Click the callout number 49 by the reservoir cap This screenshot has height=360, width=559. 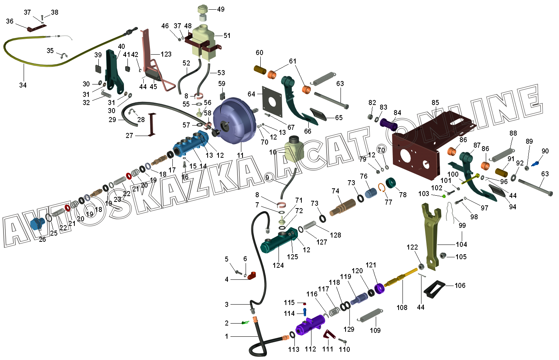pos(220,9)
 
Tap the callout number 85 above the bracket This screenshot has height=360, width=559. pos(435,103)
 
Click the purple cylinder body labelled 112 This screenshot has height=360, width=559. pos(310,326)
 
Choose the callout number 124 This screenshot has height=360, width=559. pos(278,265)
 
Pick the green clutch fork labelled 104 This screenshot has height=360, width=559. pos(431,236)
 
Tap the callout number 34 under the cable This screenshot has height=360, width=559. pos(23,85)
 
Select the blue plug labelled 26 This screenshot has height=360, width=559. pos(37,224)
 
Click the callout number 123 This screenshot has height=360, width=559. pos(166,54)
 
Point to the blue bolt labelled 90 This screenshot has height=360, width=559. pos(536,164)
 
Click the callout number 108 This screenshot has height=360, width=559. pos(402,308)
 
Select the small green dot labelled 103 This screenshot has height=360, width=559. pos(444,196)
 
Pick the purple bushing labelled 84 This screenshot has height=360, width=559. pos(389,125)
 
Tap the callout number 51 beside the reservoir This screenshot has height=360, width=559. pos(227,36)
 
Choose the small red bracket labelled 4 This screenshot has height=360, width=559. pos(252,276)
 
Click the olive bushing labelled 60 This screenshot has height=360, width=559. pos(259,70)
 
